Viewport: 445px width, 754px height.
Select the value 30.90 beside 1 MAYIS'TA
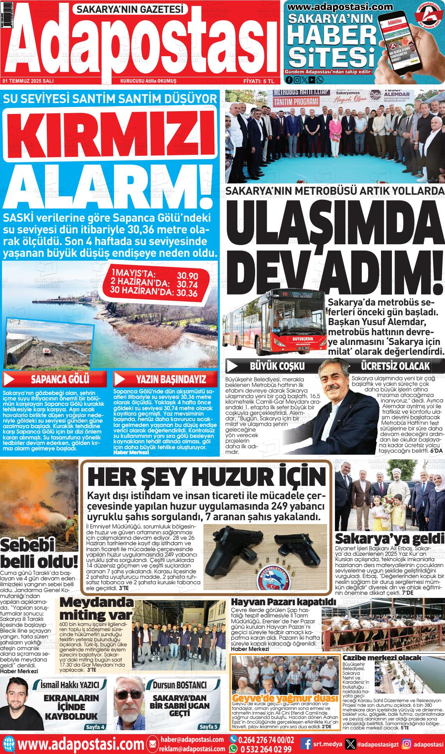(x=187, y=275)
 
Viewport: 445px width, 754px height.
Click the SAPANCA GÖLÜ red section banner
(x=55, y=379)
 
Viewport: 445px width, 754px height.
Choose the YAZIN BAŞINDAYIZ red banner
(x=166, y=379)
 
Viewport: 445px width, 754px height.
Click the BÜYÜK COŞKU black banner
(x=277, y=366)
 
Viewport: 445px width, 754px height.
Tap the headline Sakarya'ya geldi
(x=390, y=539)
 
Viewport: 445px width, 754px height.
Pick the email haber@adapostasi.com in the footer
(x=192, y=740)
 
